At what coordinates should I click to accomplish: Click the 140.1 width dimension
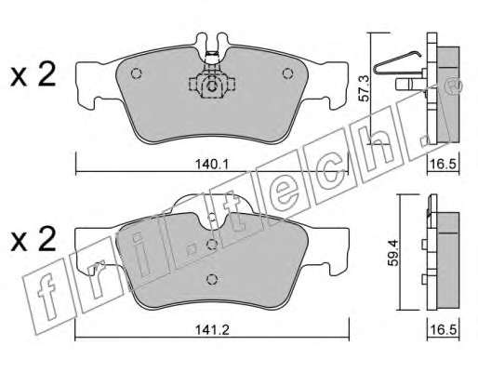[212, 164]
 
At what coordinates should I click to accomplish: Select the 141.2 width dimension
[212, 330]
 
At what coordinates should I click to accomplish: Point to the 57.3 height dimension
[364, 88]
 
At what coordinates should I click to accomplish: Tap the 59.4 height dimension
[393, 252]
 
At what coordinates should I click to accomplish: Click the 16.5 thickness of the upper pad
[444, 164]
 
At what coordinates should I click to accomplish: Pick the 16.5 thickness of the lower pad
[444, 330]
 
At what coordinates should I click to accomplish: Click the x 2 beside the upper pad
[33, 74]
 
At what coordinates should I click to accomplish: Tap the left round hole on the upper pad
[136, 73]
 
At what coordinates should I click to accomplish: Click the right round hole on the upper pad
[287, 73]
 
